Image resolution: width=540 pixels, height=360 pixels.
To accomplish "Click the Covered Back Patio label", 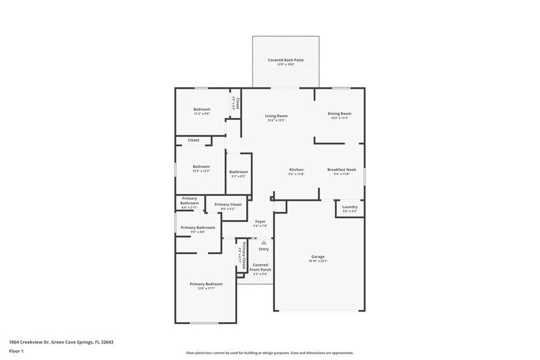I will [285, 60].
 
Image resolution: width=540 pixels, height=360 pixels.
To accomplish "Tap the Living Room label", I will [276, 116].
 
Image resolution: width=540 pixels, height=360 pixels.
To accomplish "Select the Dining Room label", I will [339, 113].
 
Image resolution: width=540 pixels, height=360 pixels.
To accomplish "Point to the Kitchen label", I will [296, 170].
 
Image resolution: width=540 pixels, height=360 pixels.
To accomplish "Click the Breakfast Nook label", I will [342, 170].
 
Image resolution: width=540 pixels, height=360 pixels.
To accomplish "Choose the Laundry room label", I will [350, 207].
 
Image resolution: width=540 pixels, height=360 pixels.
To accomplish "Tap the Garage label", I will [318, 257].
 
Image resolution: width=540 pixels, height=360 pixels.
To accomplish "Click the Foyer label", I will [260, 221].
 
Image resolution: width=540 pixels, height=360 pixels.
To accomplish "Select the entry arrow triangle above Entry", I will [264, 242].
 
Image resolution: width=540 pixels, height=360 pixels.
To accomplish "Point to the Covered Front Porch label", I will [260, 268].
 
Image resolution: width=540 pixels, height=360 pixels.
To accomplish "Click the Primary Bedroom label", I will [206, 284].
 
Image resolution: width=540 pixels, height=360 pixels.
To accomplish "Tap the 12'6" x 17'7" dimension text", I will [206, 288].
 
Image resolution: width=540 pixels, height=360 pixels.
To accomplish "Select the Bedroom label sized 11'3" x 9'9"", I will [201, 109].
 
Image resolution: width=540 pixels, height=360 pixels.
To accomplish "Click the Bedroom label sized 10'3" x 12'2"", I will [201, 167].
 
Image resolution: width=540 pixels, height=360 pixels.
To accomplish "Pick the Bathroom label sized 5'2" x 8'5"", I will [239, 172].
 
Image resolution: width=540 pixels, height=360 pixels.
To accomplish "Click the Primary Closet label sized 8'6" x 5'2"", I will [228, 204].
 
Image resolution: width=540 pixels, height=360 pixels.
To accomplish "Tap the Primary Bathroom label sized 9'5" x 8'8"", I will [197, 228].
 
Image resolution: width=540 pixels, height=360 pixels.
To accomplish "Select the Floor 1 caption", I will [16, 351].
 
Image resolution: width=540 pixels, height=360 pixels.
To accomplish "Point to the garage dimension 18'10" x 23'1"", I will [318, 261].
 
